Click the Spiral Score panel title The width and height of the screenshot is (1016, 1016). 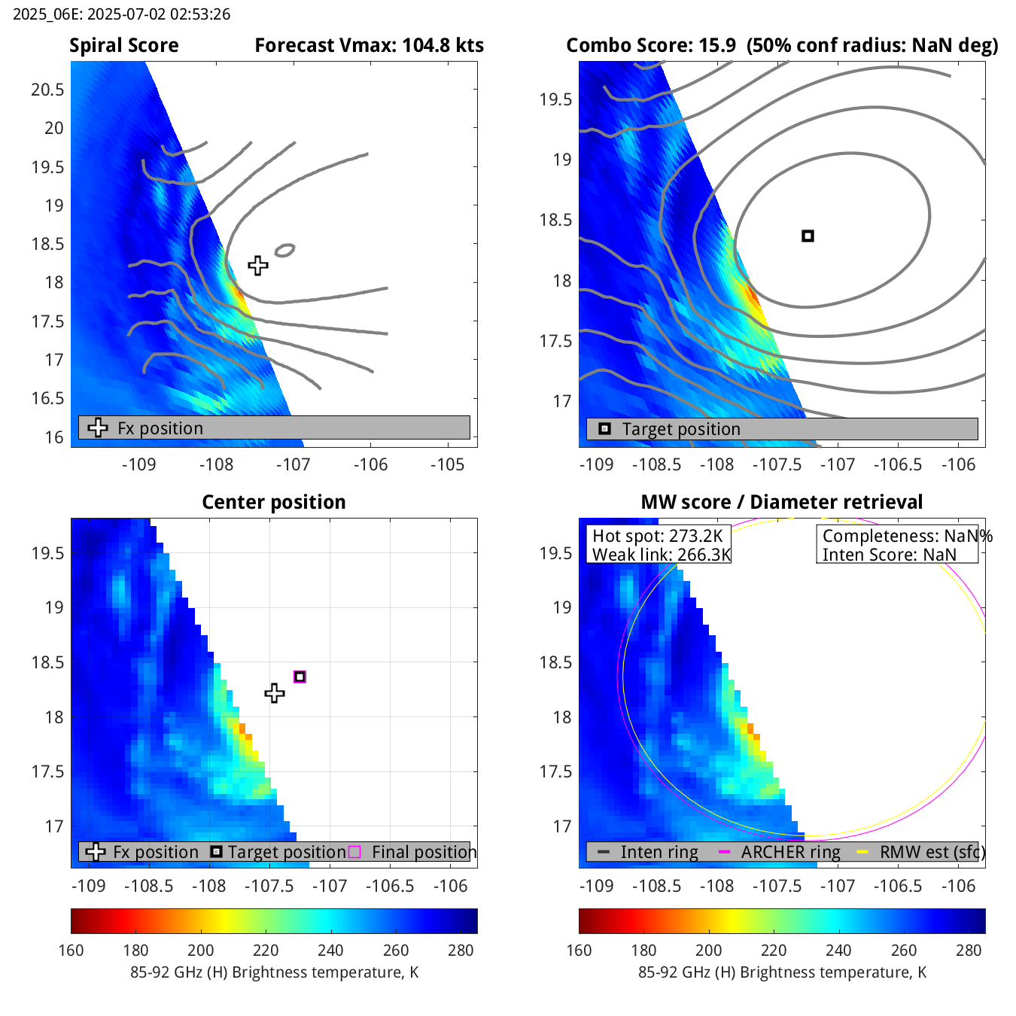[x=124, y=46]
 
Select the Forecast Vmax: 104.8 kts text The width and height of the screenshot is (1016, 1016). [x=369, y=46]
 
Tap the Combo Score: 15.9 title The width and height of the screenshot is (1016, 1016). [x=651, y=46]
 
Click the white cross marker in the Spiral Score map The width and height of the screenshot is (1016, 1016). [x=258, y=266]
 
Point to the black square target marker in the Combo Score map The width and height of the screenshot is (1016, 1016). [x=808, y=236]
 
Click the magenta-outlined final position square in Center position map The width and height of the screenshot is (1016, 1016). [x=300, y=677]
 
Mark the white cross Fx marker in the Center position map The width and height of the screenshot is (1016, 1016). [x=275, y=693]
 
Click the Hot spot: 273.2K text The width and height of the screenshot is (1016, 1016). [x=657, y=536]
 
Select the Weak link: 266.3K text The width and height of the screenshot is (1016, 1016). [x=662, y=555]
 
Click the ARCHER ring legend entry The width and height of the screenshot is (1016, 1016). [x=790, y=852]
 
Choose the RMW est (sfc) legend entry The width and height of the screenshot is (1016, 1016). [x=932, y=852]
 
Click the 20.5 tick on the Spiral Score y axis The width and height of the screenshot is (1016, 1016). [x=47, y=90]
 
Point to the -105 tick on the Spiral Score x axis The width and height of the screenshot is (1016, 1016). [x=448, y=464]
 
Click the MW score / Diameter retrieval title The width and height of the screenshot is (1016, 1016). [x=781, y=502]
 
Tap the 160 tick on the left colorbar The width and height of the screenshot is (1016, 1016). [x=71, y=951]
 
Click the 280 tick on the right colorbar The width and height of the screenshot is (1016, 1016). [x=969, y=951]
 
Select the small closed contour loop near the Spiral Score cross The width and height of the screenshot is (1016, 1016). [x=284, y=250]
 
